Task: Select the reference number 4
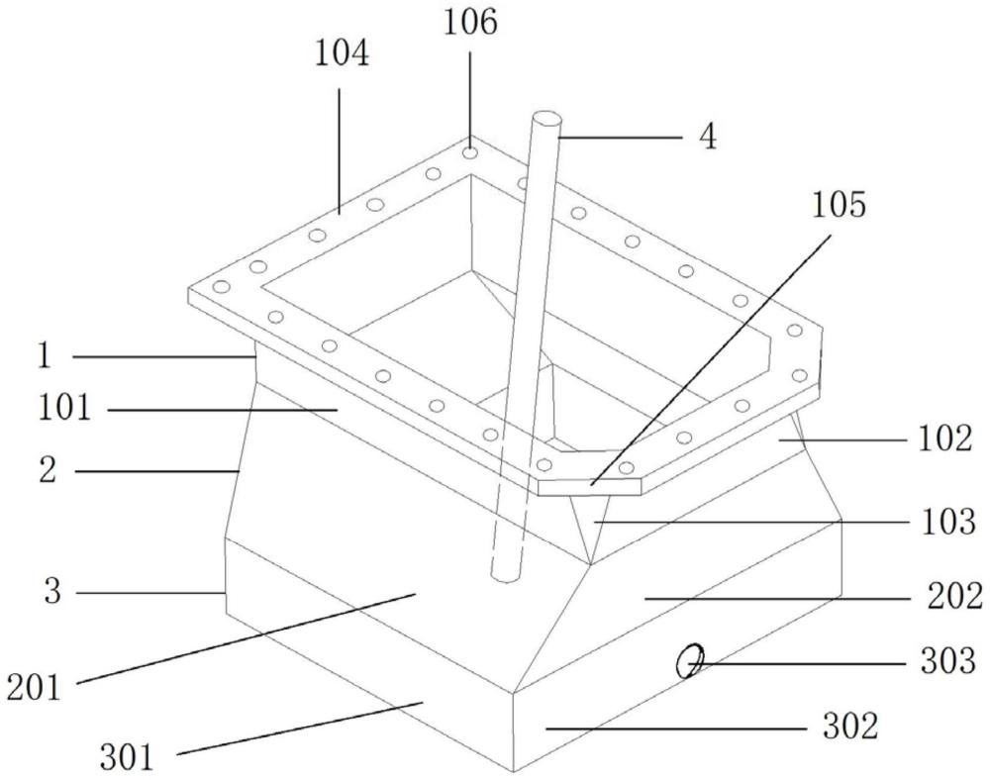click(709, 137)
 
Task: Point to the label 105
click(840, 205)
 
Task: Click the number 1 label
click(44, 356)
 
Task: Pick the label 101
click(64, 408)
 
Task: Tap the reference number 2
click(48, 470)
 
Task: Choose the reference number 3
click(53, 591)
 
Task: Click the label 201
click(34, 687)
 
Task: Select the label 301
click(127, 757)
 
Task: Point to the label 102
click(944, 439)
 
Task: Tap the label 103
click(948, 523)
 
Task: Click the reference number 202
click(954, 596)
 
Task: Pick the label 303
click(948, 661)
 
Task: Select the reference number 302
click(850, 726)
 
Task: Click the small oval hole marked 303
click(689, 661)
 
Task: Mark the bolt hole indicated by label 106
click(469, 152)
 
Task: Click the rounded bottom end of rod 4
click(505, 574)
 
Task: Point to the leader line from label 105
click(710, 359)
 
